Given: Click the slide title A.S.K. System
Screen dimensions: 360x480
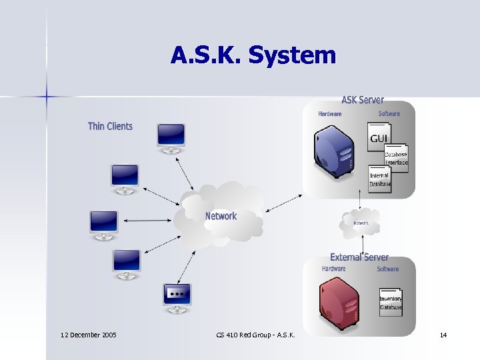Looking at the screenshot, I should click(x=253, y=55).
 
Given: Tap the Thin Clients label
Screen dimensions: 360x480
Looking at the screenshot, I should click(x=110, y=126).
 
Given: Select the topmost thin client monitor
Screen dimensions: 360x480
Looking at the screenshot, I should click(x=170, y=138).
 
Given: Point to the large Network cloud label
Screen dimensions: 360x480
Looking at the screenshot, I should click(x=221, y=216).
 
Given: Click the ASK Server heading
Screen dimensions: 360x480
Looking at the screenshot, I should click(x=363, y=100).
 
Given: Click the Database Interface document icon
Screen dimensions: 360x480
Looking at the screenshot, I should click(x=396, y=158).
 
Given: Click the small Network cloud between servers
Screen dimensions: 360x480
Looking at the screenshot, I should click(x=361, y=223).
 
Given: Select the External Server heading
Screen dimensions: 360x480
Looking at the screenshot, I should click(x=359, y=257).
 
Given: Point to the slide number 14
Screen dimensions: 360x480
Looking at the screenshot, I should click(x=443, y=334).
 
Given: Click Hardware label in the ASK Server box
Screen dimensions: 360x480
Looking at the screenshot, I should click(x=330, y=114).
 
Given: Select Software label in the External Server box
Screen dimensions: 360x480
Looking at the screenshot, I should click(x=387, y=269).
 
